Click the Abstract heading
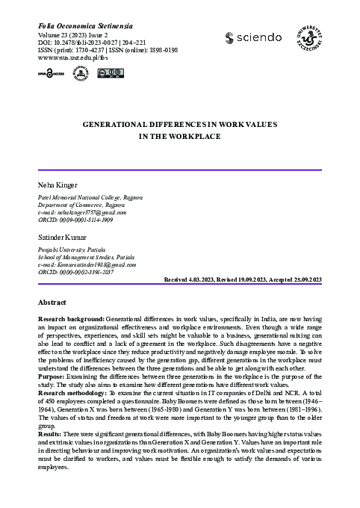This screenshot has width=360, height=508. pyautogui.click(x=52, y=303)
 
